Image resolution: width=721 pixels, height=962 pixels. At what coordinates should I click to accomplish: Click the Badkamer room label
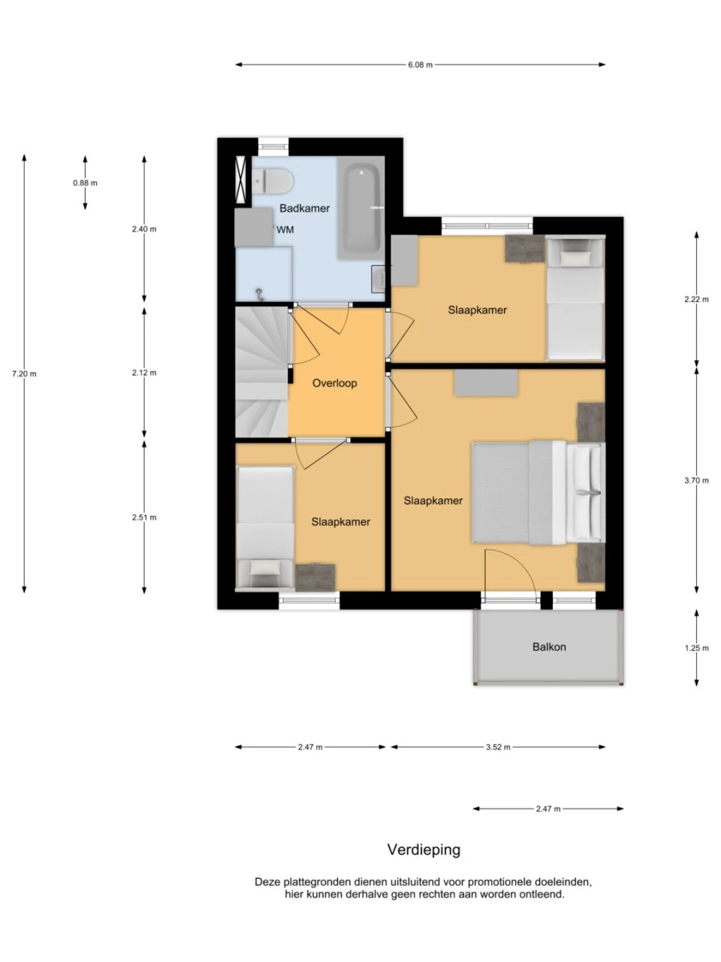point(304,208)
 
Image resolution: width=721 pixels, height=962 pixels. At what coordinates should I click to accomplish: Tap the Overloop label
point(334,383)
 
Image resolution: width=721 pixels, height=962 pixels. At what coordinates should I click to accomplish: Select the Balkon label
point(549,647)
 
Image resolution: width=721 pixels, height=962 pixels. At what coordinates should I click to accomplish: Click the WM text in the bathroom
point(285,230)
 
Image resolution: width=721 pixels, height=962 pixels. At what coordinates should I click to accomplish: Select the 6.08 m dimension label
point(421,65)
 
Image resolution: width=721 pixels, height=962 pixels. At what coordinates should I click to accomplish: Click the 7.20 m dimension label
point(24,374)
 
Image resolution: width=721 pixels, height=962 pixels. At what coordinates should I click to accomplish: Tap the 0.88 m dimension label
point(86,183)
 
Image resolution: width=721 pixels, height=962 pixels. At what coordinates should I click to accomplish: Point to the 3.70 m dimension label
point(696,480)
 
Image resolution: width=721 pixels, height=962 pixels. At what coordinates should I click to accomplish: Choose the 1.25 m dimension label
point(696,648)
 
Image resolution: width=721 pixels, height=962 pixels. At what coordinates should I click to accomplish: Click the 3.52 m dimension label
point(498,747)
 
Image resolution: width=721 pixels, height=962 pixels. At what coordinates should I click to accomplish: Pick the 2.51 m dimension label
point(144,517)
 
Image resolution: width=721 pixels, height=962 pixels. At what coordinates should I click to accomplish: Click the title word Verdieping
point(424,849)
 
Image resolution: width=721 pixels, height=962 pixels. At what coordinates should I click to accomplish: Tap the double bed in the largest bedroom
point(538,493)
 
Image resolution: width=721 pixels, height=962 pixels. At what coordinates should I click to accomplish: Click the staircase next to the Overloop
point(262,372)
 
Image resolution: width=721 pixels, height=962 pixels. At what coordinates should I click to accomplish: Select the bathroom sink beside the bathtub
point(378,279)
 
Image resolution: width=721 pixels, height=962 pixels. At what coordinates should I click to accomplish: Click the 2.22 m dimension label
point(696,299)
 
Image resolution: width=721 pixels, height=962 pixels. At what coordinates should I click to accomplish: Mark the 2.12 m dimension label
point(144,373)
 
